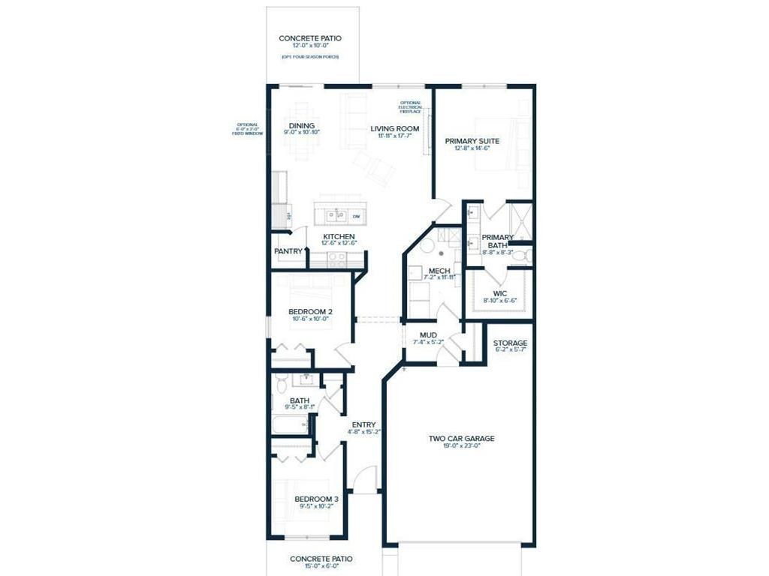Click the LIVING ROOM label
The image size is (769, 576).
(x=394, y=128)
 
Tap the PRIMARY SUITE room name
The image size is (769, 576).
(x=472, y=141)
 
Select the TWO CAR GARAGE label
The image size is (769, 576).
(x=461, y=438)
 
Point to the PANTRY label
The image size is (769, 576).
(x=288, y=251)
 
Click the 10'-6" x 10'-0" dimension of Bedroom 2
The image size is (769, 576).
(x=310, y=319)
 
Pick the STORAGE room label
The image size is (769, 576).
(x=510, y=343)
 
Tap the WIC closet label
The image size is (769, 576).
(x=500, y=293)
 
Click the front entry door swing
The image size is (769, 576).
(x=366, y=478)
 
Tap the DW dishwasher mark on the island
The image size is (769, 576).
(x=356, y=217)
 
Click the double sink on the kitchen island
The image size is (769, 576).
(x=335, y=217)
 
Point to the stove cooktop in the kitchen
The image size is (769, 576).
(x=336, y=259)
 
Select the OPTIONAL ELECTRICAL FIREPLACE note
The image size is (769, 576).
(x=410, y=107)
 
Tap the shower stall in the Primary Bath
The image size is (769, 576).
(x=520, y=220)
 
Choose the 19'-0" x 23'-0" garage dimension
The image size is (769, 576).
(x=461, y=447)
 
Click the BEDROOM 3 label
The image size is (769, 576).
(x=310, y=499)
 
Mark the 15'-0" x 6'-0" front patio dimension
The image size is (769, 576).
(x=321, y=568)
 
